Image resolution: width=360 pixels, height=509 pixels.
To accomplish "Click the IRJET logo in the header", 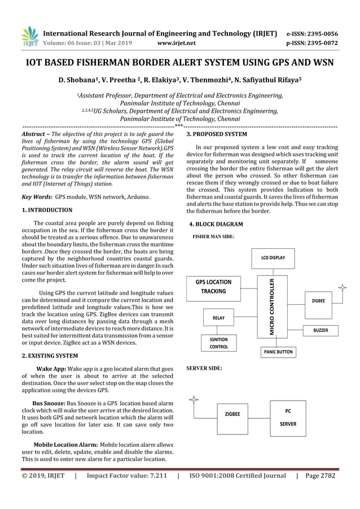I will [x=29, y=37].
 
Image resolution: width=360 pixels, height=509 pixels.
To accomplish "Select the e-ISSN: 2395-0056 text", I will [x=312, y=33].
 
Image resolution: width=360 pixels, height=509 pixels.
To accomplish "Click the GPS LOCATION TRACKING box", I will [x=213, y=286].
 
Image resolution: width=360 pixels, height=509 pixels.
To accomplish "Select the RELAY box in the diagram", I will [x=218, y=318].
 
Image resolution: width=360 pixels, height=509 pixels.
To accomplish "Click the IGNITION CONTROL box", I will [x=219, y=343].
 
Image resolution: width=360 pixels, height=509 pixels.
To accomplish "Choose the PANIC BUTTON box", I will [x=278, y=352].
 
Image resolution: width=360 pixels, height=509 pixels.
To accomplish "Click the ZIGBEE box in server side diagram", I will [x=232, y=414].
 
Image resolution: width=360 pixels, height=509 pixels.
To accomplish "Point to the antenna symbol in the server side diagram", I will [x=194, y=401].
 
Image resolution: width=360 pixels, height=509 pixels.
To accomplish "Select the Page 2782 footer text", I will [x=320, y=476].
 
